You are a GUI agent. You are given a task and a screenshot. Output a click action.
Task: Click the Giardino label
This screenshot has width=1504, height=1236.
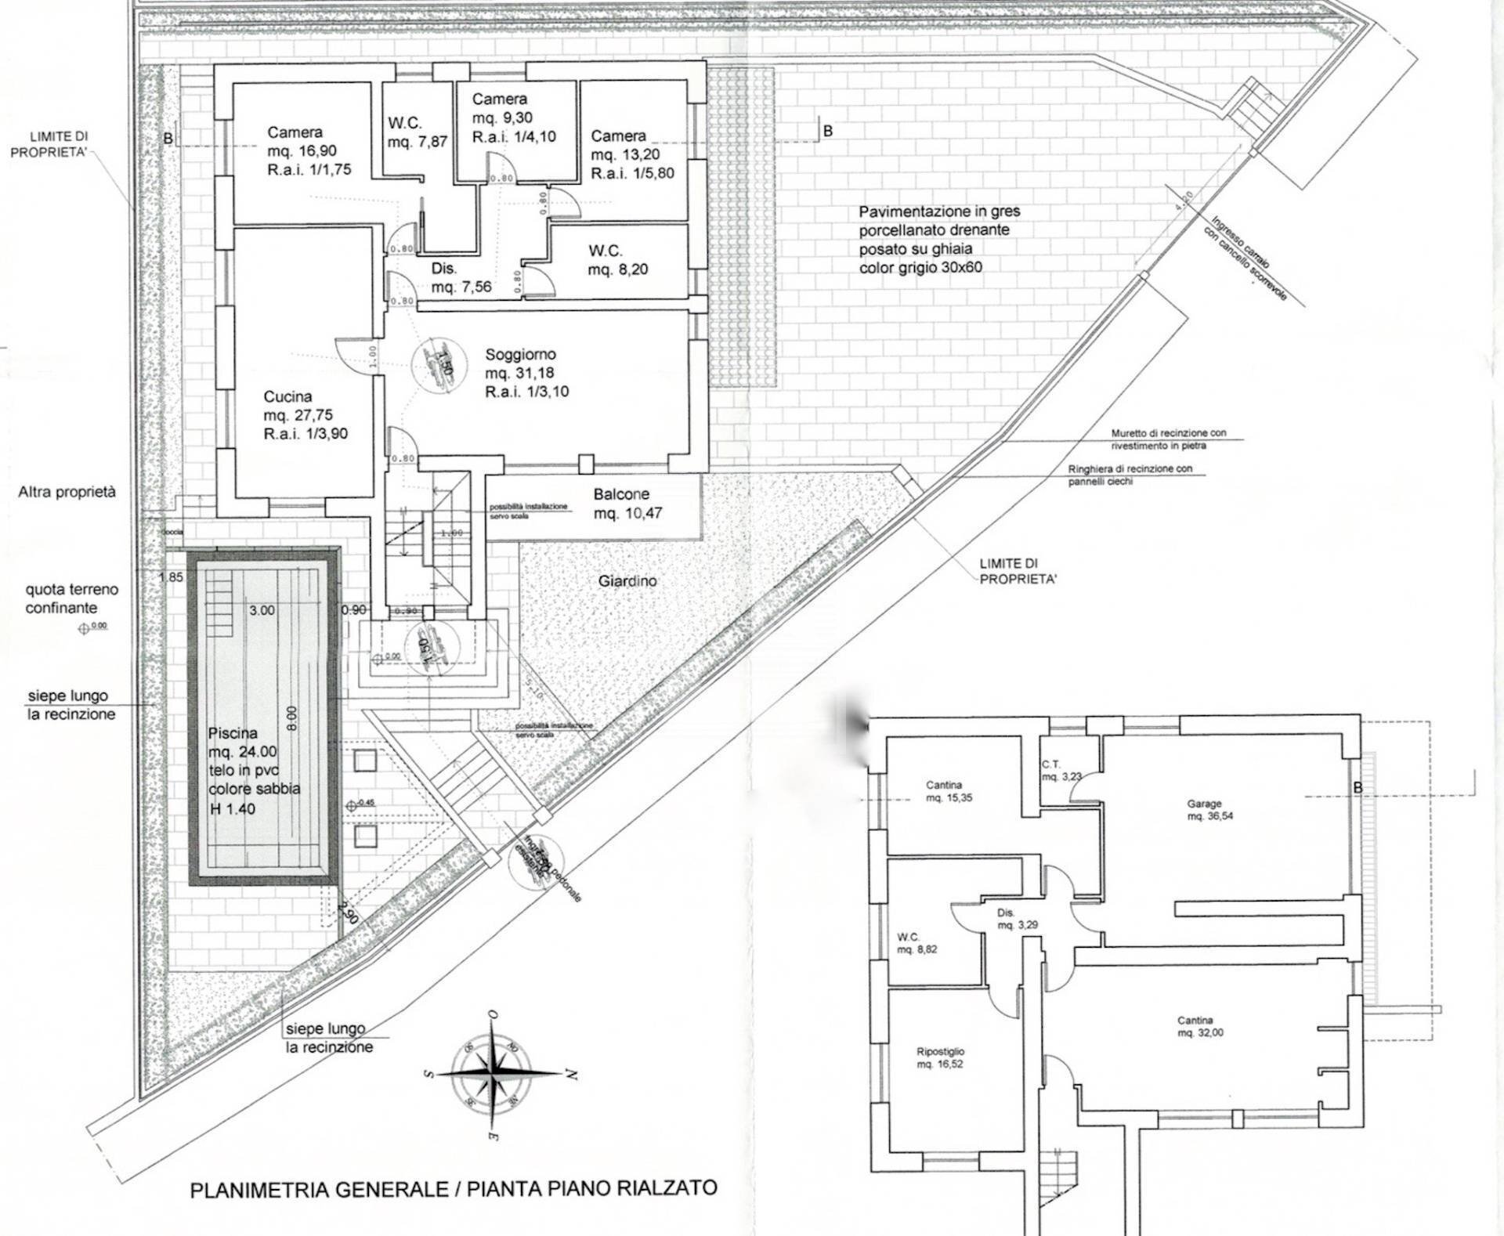tap(627, 581)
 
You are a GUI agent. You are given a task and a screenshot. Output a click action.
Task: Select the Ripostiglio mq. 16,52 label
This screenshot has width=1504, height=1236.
tap(940, 1058)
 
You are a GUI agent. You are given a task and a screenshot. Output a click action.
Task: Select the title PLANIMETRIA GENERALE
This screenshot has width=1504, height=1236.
tap(453, 1188)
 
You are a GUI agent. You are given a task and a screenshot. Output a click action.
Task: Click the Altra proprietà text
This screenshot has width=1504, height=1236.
tap(67, 492)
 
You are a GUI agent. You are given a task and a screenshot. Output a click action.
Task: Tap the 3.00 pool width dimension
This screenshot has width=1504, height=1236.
tap(262, 610)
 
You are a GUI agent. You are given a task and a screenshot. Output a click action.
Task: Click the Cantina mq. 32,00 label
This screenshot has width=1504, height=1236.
tap(1199, 1026)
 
